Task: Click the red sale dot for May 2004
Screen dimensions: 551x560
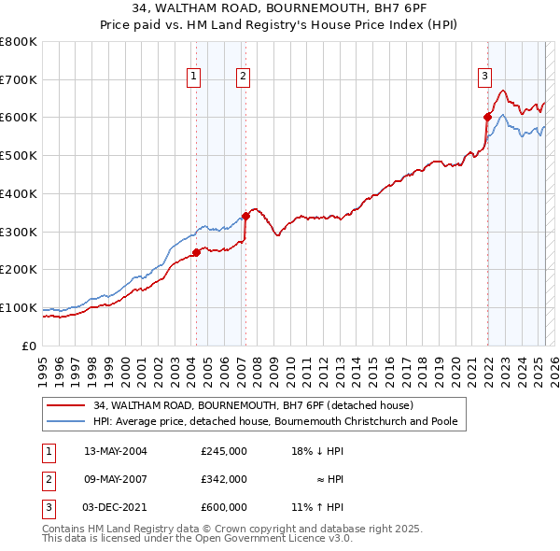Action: pos(197,252)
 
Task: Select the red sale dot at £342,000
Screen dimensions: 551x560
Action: pos(245,215)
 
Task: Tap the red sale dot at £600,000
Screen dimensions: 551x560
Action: pos(487,117)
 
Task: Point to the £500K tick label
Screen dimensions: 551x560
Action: pos(19,156)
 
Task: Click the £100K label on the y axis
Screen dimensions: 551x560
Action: pos(19,307)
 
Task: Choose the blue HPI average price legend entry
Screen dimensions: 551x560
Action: pos(275,422)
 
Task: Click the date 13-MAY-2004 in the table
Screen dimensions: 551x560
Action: pos(116,451)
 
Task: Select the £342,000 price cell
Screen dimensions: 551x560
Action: pos(224,479)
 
